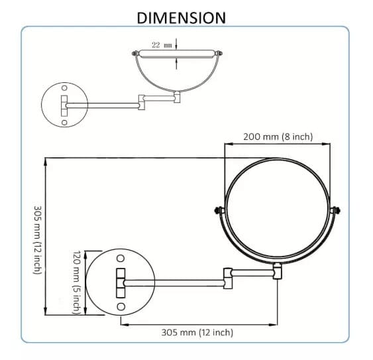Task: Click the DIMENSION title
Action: (181, 17)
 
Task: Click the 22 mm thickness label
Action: (162, 44)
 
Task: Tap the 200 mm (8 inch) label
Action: (278, 137)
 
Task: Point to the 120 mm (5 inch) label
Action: (76, 282)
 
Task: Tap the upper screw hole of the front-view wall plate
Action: (121, 258)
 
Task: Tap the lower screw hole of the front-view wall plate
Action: (121, 306)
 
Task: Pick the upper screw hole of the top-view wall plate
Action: (64, 88)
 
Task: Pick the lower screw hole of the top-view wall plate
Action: (64, 122)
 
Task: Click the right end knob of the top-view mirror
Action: (217, 52)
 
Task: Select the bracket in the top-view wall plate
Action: (65, 105)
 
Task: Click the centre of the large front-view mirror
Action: (278, 211)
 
